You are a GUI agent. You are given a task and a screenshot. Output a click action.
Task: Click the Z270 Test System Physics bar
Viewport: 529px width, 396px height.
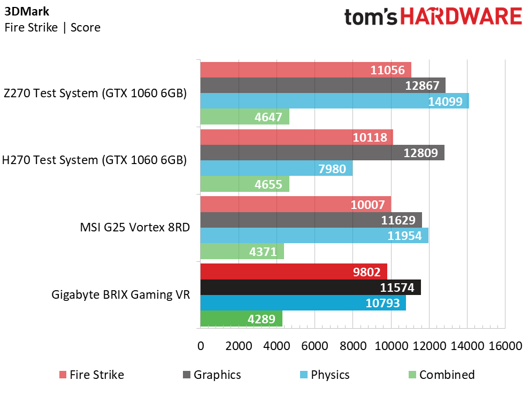point(335,101)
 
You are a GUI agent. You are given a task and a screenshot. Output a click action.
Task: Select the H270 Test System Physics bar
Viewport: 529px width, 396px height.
point(277,168)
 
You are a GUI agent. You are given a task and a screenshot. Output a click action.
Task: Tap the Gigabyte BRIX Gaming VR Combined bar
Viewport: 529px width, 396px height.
point(241,319)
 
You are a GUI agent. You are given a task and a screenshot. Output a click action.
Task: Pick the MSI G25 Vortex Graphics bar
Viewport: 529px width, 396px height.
point(311,220)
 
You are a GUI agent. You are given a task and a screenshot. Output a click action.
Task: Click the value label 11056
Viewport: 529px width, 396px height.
point(387,70)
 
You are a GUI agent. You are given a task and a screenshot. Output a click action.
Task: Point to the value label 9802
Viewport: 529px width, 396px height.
point(367,272)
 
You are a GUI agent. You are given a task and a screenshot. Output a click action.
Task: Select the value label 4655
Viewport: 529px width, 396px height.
point(268,184)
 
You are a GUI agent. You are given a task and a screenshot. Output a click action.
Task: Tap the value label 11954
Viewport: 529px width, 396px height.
point(404,236)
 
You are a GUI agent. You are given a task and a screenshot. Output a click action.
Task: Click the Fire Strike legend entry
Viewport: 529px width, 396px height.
point(92,375)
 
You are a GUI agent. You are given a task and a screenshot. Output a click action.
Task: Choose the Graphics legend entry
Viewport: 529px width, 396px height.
point(212,375)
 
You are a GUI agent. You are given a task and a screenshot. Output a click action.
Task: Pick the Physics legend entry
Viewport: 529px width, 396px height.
point(325,375)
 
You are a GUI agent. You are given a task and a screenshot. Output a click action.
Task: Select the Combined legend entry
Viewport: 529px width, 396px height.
point(442,375)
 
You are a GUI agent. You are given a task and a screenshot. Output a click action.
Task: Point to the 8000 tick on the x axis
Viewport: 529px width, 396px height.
point(353,346)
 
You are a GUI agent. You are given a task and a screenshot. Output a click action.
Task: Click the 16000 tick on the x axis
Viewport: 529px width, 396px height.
point(505,346)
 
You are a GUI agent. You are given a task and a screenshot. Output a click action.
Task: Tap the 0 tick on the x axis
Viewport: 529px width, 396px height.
point(201,346)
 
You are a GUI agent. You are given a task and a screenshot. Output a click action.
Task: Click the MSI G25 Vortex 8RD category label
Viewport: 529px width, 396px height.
point(135,227)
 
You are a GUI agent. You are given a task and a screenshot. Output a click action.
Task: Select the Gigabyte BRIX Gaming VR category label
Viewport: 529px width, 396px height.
point(121,294)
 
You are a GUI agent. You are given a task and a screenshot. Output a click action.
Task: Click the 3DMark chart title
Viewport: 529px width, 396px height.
point(27,11)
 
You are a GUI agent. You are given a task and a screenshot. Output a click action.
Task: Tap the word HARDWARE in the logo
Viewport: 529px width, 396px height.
point(461,17)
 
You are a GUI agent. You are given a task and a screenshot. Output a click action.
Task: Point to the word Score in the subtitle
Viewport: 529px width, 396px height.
point(86,27)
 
